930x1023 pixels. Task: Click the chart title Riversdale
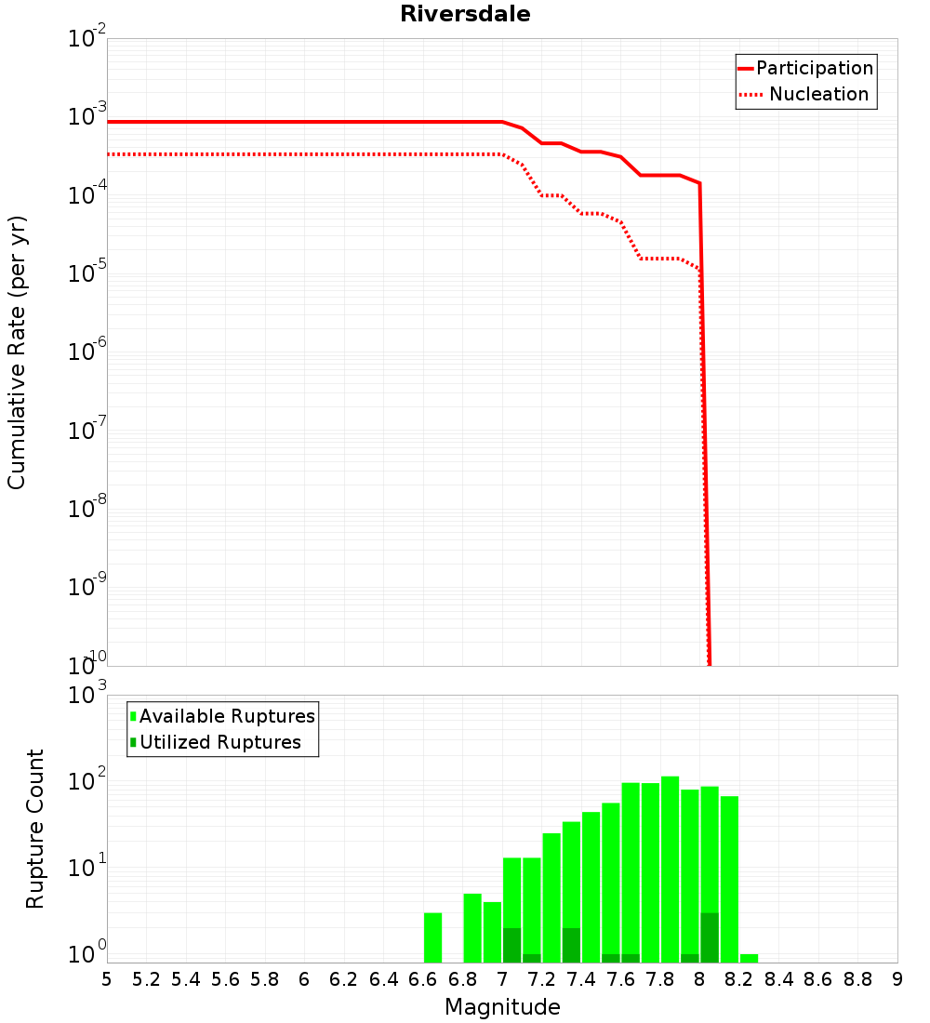coord(465,14)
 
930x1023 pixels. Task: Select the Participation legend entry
coord(815,68)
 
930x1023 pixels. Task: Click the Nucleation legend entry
coord(818,94)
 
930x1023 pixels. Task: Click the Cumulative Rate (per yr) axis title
coord(17,352)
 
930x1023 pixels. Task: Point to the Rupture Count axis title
coord(35,829)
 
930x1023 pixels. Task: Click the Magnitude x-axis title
coord(502,1007)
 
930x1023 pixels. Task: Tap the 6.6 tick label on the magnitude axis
coord(423,979)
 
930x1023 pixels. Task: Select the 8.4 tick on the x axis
coord(778,979)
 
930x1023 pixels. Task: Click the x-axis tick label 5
coord(107,979)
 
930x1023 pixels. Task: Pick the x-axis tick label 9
coord(897,979)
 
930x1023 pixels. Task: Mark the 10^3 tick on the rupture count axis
coord(87,695)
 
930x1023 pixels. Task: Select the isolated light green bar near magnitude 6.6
coord(432,937)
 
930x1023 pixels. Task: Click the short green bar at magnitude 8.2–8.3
coord(750,958)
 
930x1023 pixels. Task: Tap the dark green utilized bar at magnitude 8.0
coord(710,937)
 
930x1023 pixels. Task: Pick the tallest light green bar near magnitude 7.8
coord(670,870)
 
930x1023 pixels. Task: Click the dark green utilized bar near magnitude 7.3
coord(571,945)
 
